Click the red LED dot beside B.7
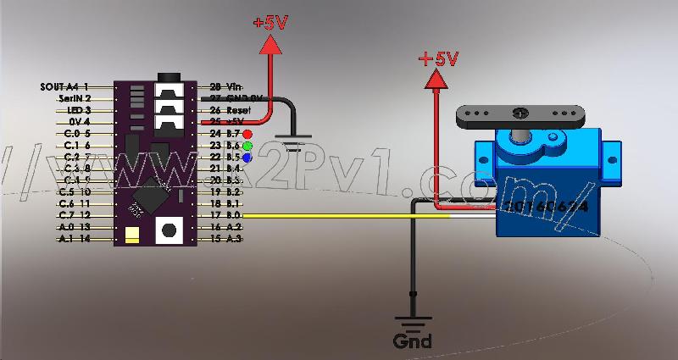(247, 134)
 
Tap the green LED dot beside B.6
(247, 146)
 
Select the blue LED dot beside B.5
(247, 157)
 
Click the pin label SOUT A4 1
(65, 86)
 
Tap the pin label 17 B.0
(225, 216)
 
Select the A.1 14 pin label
(73, 240)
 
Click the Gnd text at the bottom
(412, 341)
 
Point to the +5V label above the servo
(438, 58)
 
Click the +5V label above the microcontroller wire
(271, 23)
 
